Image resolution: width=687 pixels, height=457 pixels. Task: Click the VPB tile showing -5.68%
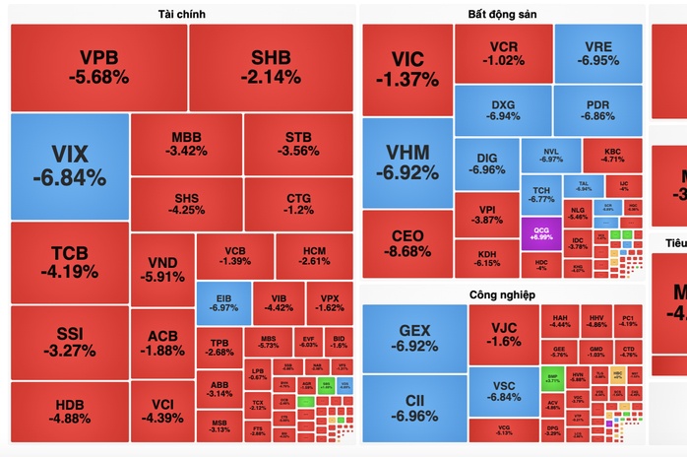coord(98,66)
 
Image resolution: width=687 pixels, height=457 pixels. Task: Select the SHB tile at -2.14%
coord(271,66)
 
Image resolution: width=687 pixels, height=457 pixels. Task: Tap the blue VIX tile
coord(69,165)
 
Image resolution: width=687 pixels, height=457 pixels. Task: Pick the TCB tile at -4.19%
coord(69,261)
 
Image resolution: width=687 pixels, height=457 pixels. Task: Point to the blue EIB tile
coord(222,299)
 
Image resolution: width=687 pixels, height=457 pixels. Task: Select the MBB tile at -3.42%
coord(187,143)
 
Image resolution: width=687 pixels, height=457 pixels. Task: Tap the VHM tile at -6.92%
coord(406,163)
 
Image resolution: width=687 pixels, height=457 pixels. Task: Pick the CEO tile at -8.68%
coord(406,242)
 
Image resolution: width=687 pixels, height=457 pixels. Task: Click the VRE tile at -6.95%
coord(597,53)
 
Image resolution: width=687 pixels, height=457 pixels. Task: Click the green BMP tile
coord(552,376)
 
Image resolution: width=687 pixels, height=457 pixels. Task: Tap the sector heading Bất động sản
coord(502,13)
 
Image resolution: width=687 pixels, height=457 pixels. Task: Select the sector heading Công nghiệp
coord(502,294)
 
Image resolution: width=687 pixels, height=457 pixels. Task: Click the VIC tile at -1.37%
coord(406,66)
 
